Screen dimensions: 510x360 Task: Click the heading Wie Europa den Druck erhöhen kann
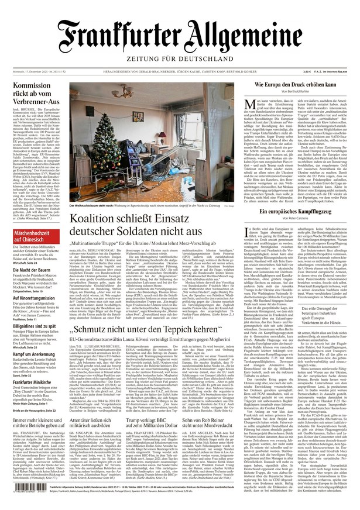click(x=295, y=85)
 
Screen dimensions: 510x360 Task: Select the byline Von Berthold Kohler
click(x=295, y=92)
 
